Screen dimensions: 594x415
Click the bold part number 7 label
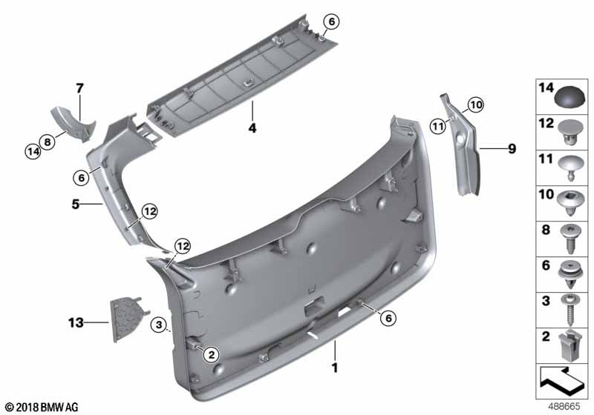[79, 88]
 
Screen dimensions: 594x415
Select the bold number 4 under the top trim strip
[252, 128]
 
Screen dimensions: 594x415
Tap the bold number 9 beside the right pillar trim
[512, 148]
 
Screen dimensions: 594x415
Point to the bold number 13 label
[76, 322]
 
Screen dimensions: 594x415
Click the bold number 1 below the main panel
[335, 368]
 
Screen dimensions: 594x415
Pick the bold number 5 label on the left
[76, 204]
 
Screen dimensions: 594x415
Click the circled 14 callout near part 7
[33, 152]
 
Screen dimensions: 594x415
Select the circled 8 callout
[48, 142]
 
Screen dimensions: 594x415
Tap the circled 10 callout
[476, 104]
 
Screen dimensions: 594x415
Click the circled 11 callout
[438, 126]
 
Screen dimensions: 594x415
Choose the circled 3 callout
[159, 325]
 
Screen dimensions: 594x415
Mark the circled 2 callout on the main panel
[211, 354]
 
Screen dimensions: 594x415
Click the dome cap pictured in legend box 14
[569, 97]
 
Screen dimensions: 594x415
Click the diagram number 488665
[565, 407]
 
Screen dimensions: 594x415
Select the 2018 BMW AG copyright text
[42, 408]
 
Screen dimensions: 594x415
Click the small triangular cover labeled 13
[128, 319]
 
